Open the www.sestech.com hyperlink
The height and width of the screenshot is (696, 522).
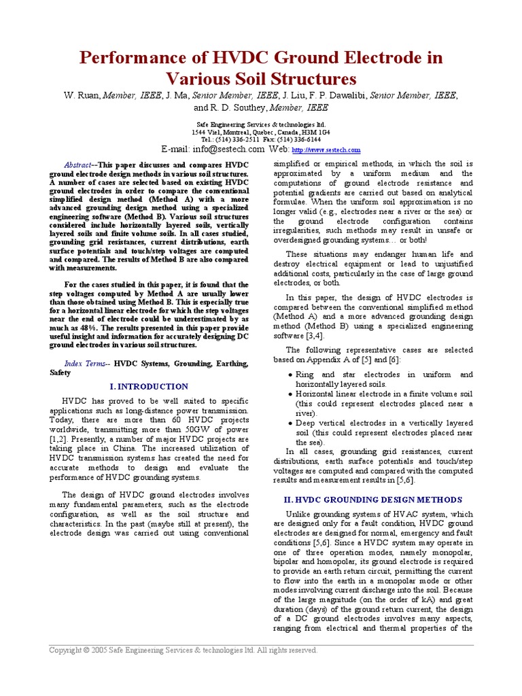tap(326, 150)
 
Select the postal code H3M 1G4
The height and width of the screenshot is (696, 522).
tap(315, 132)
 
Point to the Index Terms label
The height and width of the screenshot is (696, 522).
tap(86, 364)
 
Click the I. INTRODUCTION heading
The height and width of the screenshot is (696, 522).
tap(149, 386)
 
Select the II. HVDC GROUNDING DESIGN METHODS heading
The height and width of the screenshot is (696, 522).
tap(372, 500)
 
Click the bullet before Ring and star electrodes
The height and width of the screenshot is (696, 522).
tap(291, 375)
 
